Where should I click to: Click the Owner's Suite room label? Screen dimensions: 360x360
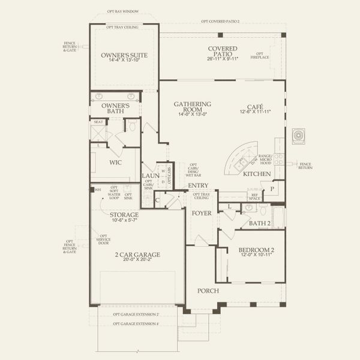[x=124, y=55]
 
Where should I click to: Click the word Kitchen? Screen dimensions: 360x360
[x=257, y=174]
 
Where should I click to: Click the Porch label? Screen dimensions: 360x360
[x=208, y=290]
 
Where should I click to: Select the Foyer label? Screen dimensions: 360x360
[x=199, y=212]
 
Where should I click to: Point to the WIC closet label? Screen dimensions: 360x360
[x=116, y=162]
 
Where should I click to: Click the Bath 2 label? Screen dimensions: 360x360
[x=260, y=224]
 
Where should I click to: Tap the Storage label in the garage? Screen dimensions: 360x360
[x=124, y=214]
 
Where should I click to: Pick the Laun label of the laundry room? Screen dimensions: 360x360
[x=149, y=176]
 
